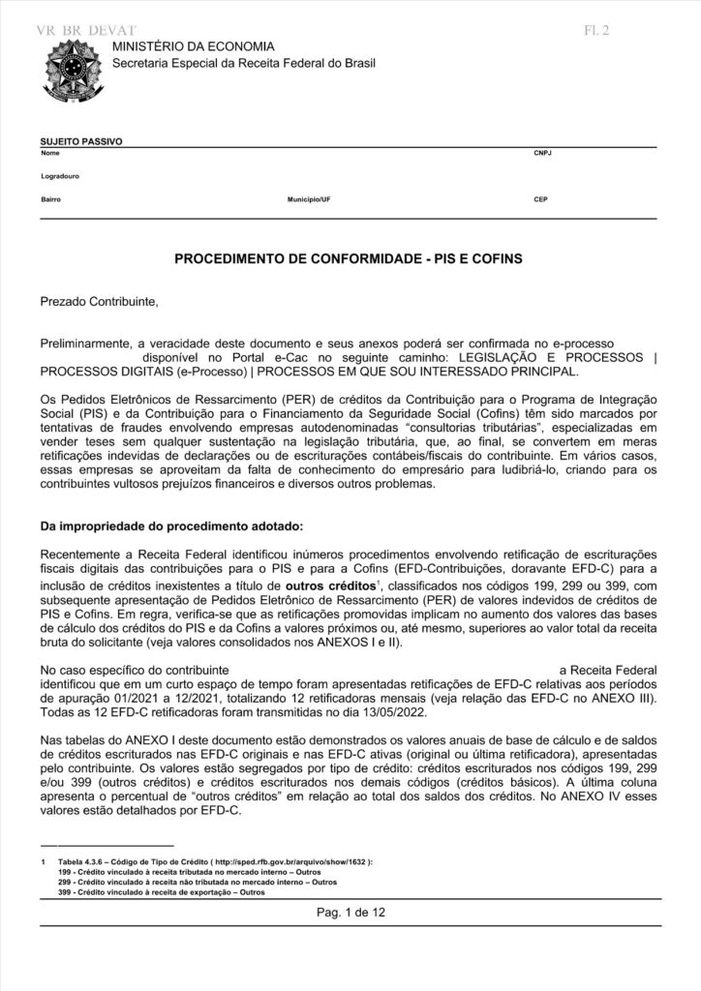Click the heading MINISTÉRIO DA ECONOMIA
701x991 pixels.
(x=193, y=46)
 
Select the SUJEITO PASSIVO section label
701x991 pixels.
(x=80, y=141)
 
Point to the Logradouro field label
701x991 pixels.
(x=60, y=177)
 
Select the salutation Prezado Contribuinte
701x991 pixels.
(x=98, y=301)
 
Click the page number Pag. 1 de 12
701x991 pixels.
(x=350, y=913)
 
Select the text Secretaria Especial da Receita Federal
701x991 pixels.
(x=244, y=63)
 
